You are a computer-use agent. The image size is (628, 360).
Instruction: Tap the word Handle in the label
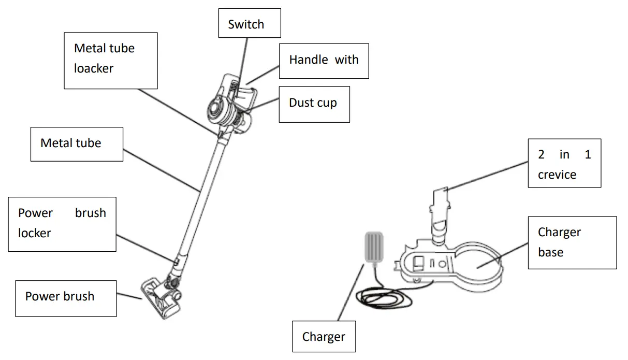click(308, 60)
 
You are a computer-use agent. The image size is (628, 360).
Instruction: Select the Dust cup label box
click(314, 104)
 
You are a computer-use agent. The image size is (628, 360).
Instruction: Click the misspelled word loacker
click(94, 68)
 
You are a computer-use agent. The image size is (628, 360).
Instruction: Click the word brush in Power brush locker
click(90, 213)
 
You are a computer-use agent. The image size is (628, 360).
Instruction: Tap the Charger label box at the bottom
click(324, 337)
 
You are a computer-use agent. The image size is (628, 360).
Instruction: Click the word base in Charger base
click(550, 252)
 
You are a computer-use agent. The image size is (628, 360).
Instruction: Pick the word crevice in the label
click(557, 175)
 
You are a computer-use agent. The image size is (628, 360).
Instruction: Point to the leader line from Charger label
click(349, 293)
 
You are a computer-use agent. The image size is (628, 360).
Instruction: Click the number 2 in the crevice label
click(541, 154)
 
